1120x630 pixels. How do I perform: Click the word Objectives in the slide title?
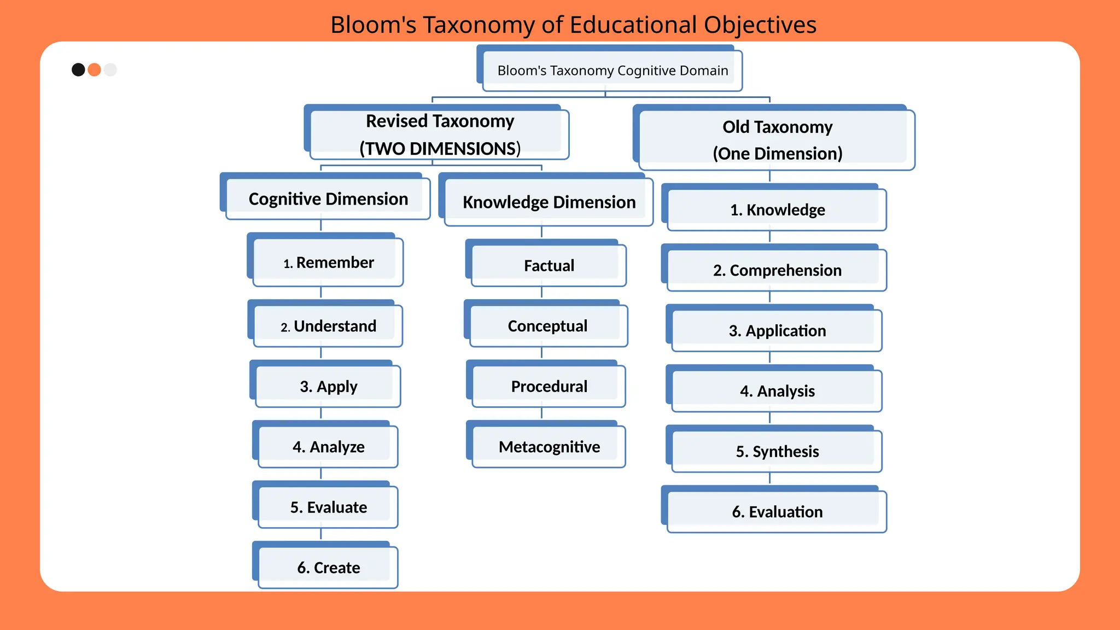point(760,25)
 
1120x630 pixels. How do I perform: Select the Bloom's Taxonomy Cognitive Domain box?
point(612,71)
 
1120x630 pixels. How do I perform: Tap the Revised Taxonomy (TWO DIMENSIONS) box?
point(439,135)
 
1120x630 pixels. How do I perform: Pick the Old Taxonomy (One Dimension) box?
point(777,140)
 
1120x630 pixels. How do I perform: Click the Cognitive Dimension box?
point(328,199)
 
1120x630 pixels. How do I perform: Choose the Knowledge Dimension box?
point(549,202)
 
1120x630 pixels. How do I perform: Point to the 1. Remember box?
point(328,262)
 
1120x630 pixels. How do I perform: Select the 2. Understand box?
point(328,326)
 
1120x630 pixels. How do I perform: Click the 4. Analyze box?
point(328,447)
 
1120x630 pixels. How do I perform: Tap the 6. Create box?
point(328,568)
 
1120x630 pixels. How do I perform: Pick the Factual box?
point(549,266)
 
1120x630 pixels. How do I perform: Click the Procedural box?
point(549,386)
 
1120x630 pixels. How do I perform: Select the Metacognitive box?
point(549,447)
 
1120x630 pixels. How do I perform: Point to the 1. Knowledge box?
point(777,210)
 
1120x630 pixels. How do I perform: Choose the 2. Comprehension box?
point(777,270)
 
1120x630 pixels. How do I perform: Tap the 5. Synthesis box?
point(777,451)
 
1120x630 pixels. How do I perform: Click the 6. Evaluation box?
point(777,512)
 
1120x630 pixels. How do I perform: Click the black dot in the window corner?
point(78,69)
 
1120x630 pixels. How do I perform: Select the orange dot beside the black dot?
point(95,69)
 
